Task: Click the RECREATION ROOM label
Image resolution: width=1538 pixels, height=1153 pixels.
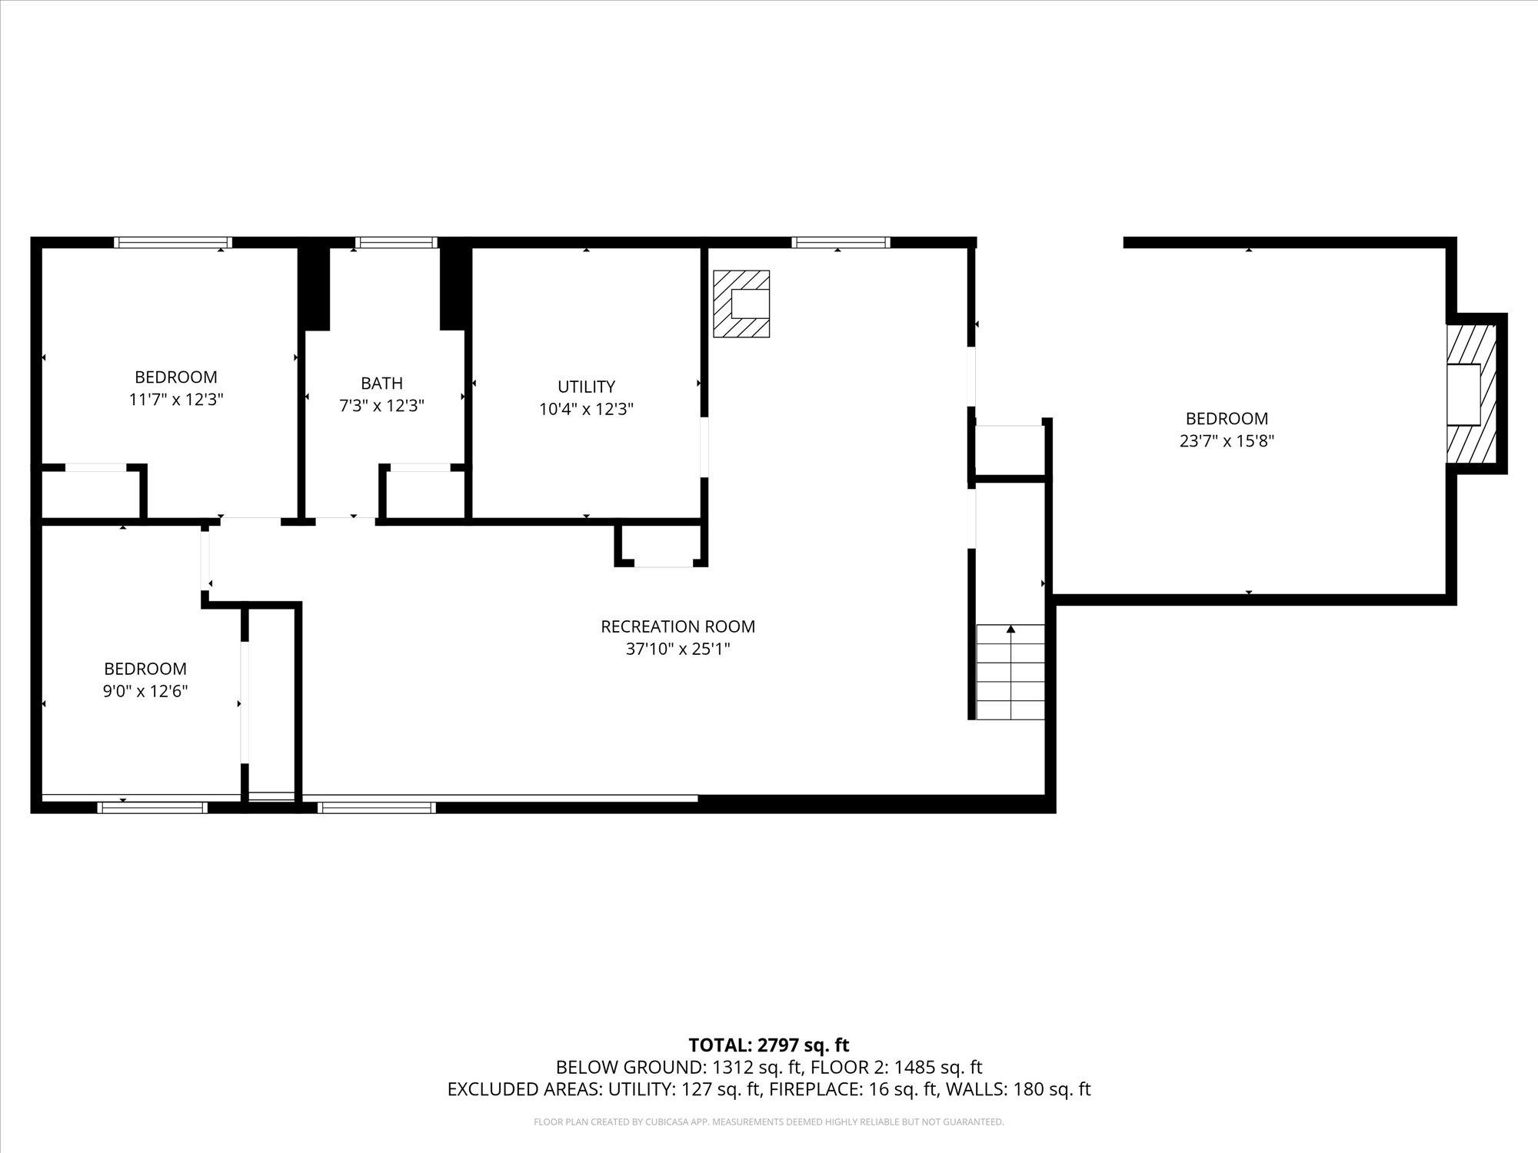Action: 677,626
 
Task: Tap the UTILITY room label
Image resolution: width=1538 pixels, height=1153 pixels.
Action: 586,387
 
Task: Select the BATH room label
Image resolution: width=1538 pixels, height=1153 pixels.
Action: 381,383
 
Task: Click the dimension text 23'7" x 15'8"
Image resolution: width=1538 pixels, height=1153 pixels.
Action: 1227,441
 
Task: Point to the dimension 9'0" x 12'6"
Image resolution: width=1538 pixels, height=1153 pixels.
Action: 145,691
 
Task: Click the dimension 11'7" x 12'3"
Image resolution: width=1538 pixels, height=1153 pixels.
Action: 176,400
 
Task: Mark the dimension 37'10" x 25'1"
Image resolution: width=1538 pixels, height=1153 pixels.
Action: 677,649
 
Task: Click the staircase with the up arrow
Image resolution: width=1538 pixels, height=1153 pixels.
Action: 1010,672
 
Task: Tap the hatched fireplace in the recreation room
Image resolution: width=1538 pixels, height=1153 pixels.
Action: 741,304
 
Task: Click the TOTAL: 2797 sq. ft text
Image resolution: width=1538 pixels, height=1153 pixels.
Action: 768,1045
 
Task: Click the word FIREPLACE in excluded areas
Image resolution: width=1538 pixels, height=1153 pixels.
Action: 817,1089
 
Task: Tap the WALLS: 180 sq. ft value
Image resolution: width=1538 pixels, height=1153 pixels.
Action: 1017,1089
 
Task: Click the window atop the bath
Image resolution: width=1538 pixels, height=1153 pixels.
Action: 396,243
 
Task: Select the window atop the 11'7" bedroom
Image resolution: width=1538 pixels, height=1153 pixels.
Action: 173,243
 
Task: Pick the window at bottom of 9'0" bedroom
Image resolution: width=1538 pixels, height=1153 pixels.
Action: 152,807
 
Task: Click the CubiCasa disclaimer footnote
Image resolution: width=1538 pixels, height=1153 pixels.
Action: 768,1122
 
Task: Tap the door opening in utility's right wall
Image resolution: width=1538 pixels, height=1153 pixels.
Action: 704,447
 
